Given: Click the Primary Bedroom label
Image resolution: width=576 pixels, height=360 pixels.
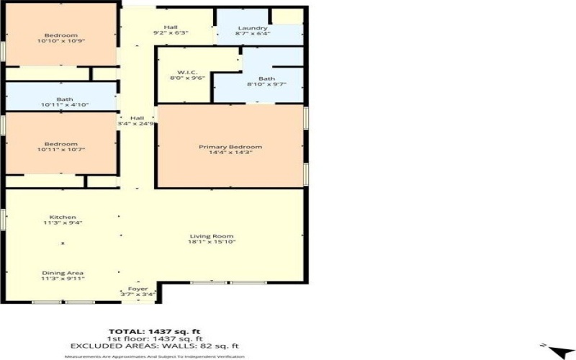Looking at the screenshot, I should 230,147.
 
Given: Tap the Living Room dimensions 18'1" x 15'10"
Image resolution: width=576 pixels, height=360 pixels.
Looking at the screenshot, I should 212,242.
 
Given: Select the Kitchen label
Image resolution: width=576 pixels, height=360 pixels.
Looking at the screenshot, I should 63,217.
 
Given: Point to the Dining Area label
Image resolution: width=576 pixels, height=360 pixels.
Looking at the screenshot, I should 63,273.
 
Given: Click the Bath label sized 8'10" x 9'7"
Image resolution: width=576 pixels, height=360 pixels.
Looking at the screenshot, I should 266,78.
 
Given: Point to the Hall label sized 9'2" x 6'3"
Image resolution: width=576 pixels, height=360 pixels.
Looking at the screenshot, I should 171,27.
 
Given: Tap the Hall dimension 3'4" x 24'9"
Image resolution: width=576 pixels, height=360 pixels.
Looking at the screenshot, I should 138,124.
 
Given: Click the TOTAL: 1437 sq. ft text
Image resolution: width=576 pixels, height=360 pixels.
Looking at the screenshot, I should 156,330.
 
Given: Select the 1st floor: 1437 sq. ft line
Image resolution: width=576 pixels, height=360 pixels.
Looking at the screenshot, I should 156,338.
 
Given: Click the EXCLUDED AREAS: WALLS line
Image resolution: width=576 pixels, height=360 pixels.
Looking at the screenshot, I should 156,346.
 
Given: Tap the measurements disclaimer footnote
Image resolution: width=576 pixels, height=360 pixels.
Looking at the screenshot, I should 156,356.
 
